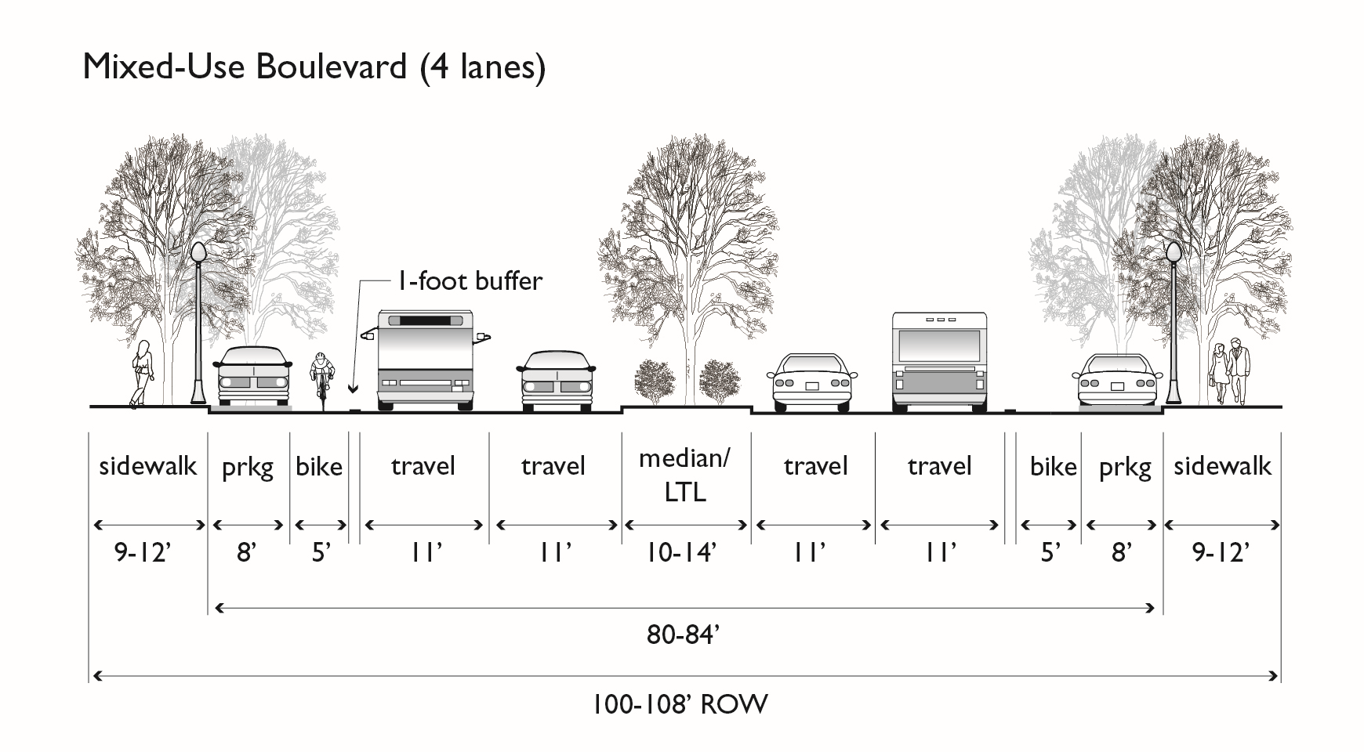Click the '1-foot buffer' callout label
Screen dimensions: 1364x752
point(470,281)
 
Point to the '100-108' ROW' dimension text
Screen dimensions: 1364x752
point(680,704)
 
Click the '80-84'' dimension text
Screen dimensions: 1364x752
point(683,634)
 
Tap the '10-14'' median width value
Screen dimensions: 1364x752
point(681,553)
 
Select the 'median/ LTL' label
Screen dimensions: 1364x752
point(684,475)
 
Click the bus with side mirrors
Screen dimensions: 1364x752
point(426,360)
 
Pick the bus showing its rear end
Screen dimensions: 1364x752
point(939,360)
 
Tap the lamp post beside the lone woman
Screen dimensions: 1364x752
point(198,323)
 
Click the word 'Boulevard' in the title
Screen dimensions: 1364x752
point(330,67)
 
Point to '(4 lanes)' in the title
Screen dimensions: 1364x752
point(481,68)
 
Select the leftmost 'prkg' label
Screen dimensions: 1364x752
point(248,468)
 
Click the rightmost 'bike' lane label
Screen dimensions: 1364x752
point(1053,467)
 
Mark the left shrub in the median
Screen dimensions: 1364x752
point(654,381)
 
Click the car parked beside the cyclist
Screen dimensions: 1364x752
point(252,378)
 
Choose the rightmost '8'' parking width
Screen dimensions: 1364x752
point(1121,553)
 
